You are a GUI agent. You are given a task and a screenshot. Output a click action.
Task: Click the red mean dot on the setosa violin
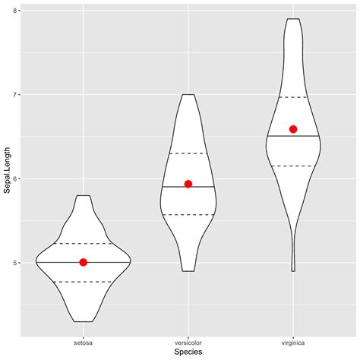(x=84, y=262)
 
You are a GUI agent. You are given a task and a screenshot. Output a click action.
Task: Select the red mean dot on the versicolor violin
(x=188, y=184)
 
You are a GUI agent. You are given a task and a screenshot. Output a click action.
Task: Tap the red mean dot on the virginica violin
(x=293, y=129)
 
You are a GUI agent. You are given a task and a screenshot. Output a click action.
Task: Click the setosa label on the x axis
(x=84, y=343)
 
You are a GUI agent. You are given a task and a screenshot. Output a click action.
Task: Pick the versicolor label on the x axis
(x=188, y=343)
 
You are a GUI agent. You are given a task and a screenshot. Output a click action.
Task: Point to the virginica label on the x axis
(x=293, y=343)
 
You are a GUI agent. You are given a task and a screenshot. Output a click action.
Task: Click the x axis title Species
(x=188, y=352)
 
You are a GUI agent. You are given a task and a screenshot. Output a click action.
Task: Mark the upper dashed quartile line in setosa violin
(x=84, y=243)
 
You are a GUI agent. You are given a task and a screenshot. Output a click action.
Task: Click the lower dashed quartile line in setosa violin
(x=84, y=282)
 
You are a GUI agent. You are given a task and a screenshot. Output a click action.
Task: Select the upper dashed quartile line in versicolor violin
(x=188, y=153)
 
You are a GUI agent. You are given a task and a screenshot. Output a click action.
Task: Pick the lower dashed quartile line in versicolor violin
(x=188, y=214)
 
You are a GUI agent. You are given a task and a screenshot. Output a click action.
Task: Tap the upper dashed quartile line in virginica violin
(x=293, y=97)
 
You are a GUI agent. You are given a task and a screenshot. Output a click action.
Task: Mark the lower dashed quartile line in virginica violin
(x=293, y=166)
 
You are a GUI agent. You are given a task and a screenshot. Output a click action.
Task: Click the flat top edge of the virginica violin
(x=293, y=19)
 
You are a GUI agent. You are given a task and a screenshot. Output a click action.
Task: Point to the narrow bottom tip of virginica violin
(x=293, y=270)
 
